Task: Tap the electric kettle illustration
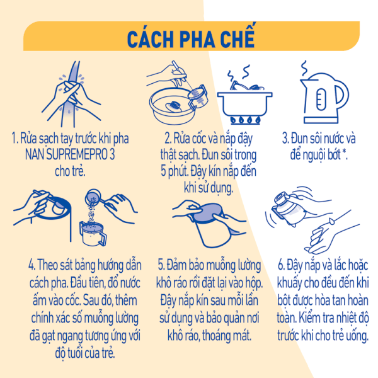pyautogui.click(x=323, y=98)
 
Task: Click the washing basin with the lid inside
pyautogui.click(x=173, y=106)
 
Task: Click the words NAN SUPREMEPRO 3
pyautogui.click(x=70, y=154)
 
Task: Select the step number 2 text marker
pyautogui.click(x=168, y=139)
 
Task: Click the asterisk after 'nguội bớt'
pyautogui.click(x=344, y=152)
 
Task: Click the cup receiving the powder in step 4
pyautogui.click(x=93, y=234)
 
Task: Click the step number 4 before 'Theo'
pyautogui.click(x=32, y=265)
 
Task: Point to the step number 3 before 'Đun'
pyautogui.click(x=285, y=139)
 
